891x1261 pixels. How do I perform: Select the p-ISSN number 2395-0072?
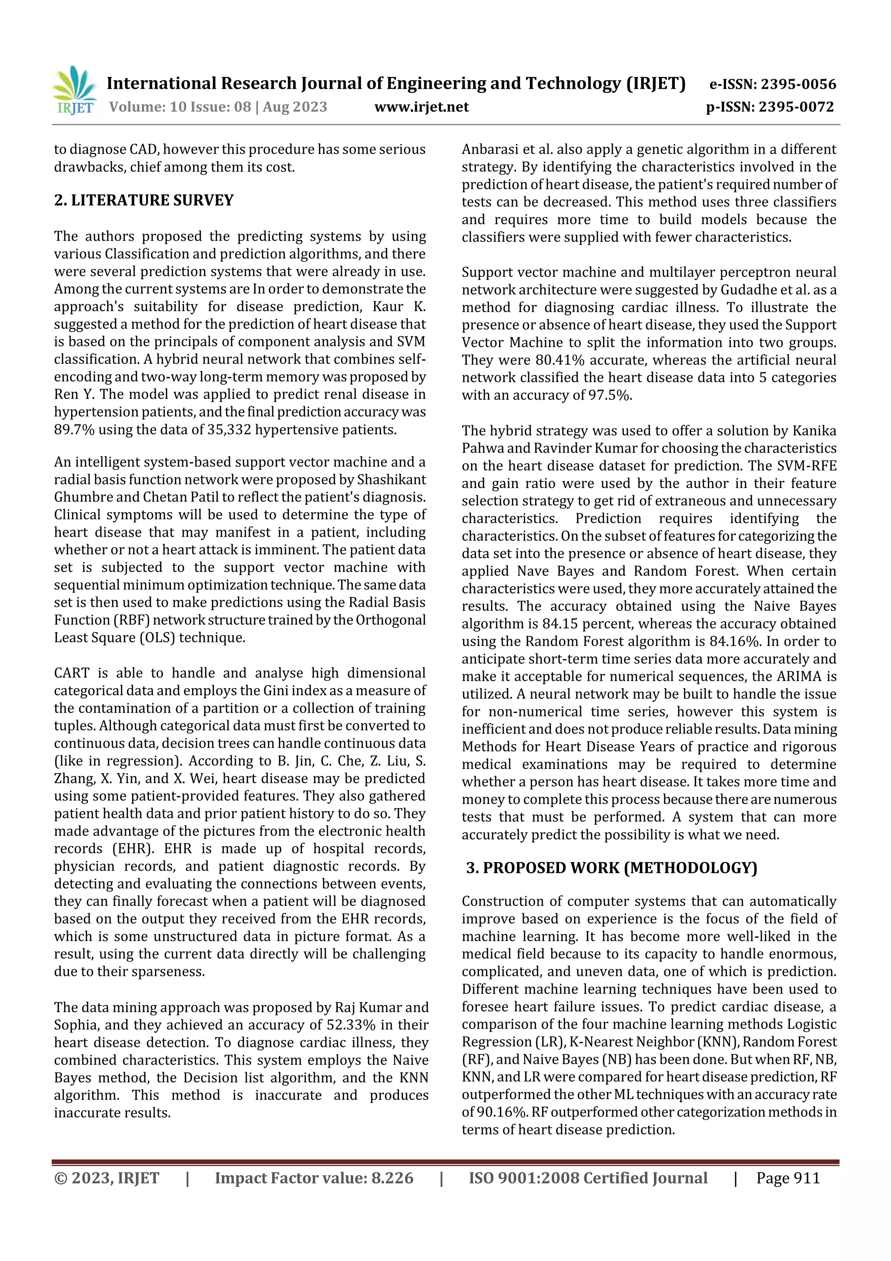point(796,107)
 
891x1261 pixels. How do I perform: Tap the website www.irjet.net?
point(422,107)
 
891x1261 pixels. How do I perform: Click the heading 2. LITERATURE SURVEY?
point(144,200)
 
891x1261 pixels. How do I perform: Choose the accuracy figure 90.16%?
point(501,1112)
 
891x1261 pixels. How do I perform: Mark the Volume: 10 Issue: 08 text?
point(180,107)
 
